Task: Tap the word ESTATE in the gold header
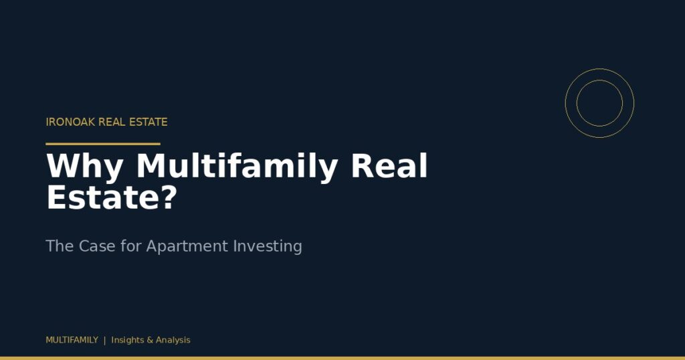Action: click(x=148, y=122)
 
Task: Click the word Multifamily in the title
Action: click(x=237, y=167)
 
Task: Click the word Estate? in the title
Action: click(x=112, y=197)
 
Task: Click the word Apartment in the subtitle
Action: click(x=187, y=247)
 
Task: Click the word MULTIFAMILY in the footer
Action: click(x=72, y=340)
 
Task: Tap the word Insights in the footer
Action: click(x=128, y=341)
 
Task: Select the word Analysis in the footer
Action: click(x=173, y=341)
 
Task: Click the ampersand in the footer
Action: click(x=150, y=341)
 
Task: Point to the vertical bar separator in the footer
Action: click(x=105, y=341)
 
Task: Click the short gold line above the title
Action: click(x=103, y=143)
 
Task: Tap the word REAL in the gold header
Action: click(x=112, y=122)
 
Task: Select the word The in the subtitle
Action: click(x=60, y=246)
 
